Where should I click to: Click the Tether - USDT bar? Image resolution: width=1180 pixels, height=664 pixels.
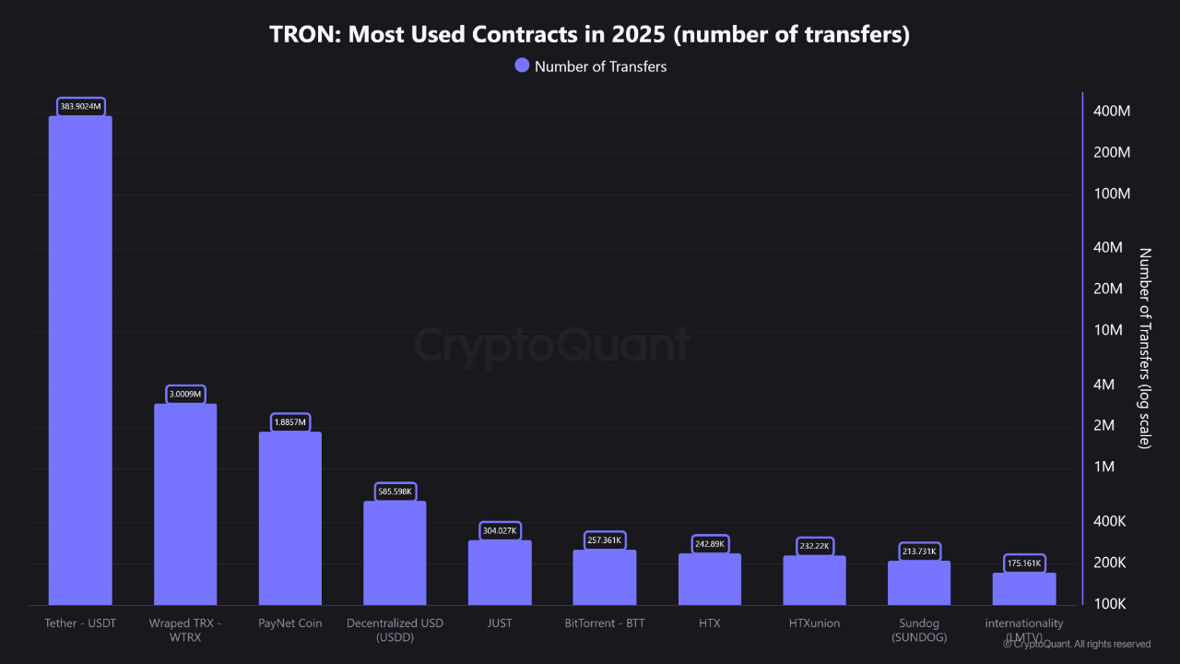click(x=80, y=360)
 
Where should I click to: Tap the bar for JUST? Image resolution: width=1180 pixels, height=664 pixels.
click(x=500, y=573)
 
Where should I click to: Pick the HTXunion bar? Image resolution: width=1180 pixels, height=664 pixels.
click(x=814, y=580)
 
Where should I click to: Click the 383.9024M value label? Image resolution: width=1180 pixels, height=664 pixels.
click(x=81, y=107)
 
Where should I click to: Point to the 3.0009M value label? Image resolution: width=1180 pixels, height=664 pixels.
click(x=185, y=394)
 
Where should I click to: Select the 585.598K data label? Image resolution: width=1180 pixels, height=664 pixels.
click(x=395, y=492)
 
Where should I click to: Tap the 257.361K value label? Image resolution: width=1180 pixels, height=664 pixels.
click(x=605, y=540)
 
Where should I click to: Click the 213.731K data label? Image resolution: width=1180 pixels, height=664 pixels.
click(x=919, y=551)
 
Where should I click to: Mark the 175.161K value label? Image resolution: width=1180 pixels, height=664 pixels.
click(x=1024, y=563)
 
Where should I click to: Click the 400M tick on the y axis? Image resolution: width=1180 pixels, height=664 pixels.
click(x=1111, y=112)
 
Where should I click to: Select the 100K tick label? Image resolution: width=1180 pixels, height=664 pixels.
click(x=1109, y=604)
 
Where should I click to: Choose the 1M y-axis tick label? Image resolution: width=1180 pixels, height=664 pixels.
click(x=1105, y=468)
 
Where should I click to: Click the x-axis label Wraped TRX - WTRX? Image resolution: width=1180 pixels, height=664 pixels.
click(x=185, y=630)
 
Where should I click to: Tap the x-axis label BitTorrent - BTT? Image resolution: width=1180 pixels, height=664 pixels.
click(x=605, y=623)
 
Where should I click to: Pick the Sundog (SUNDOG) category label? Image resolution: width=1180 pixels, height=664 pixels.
click(x=919, y=630)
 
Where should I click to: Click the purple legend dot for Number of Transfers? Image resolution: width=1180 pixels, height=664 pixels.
click(x=522, y=65)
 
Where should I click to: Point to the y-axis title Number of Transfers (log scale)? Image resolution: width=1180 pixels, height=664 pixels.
click(x=1145, y=349)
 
